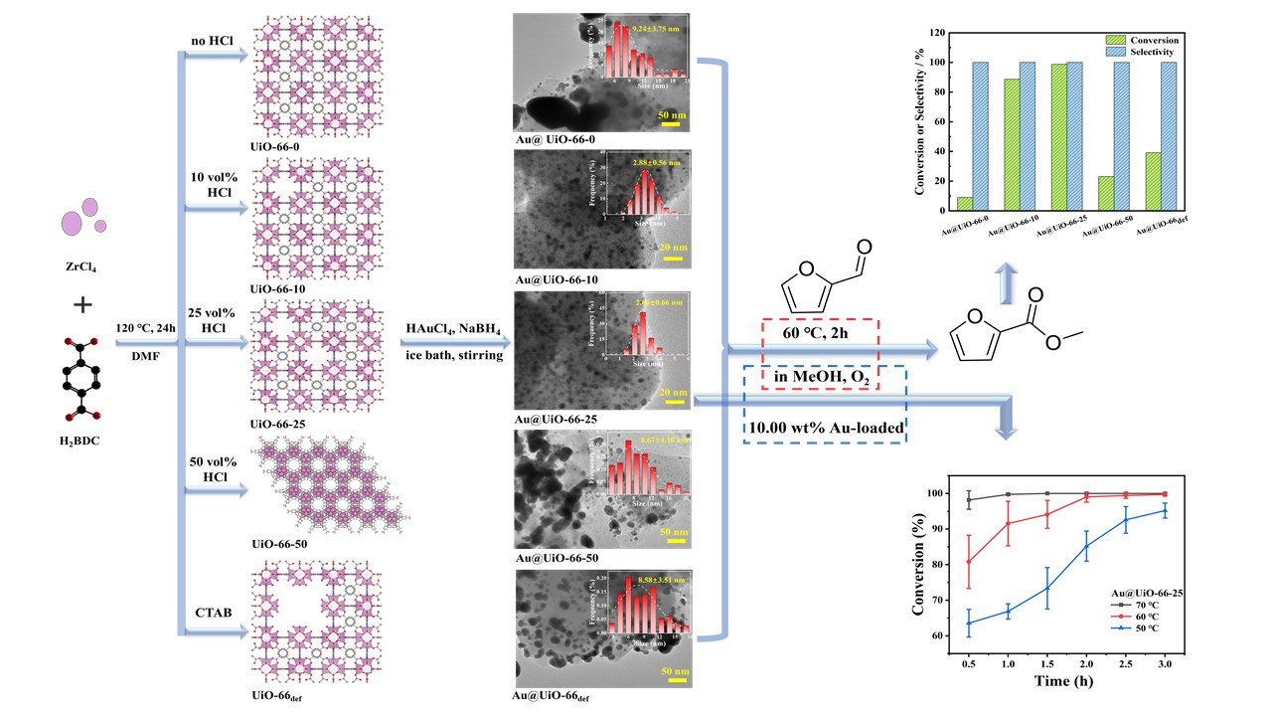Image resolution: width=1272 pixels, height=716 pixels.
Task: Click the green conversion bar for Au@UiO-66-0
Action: click(x=937, y=204)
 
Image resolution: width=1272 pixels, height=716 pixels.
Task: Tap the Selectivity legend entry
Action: click(x=1155, y=51)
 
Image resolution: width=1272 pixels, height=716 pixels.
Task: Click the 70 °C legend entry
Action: click(x=1132, y=603)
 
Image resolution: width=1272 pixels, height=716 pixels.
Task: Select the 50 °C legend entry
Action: click(x=1132, y=629)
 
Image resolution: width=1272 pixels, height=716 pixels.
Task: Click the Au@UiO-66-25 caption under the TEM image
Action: click(x=556, y=419)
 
